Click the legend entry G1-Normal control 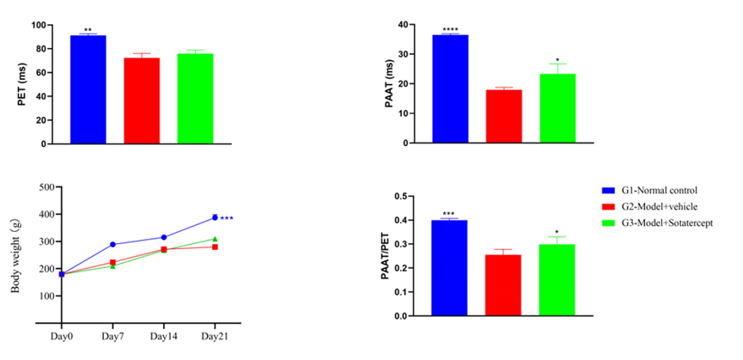point(657,189)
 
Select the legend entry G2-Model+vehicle point(657,206)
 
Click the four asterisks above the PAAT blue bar point(449,30)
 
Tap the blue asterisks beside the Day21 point point(227,218)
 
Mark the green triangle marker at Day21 point(215,239)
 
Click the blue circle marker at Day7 point(113,245)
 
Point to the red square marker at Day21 point(215,247)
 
